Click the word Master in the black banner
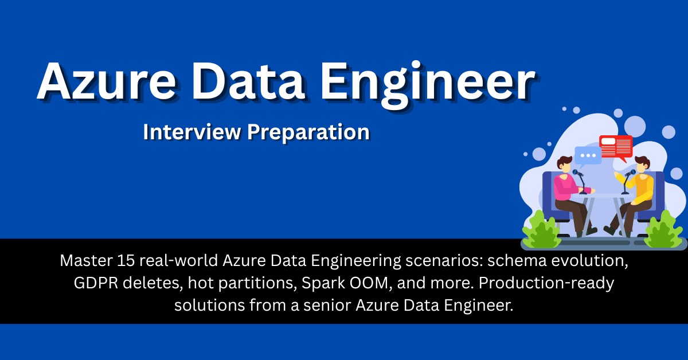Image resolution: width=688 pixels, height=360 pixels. (81, 261)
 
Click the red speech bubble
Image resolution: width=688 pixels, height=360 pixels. (616, 147)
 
